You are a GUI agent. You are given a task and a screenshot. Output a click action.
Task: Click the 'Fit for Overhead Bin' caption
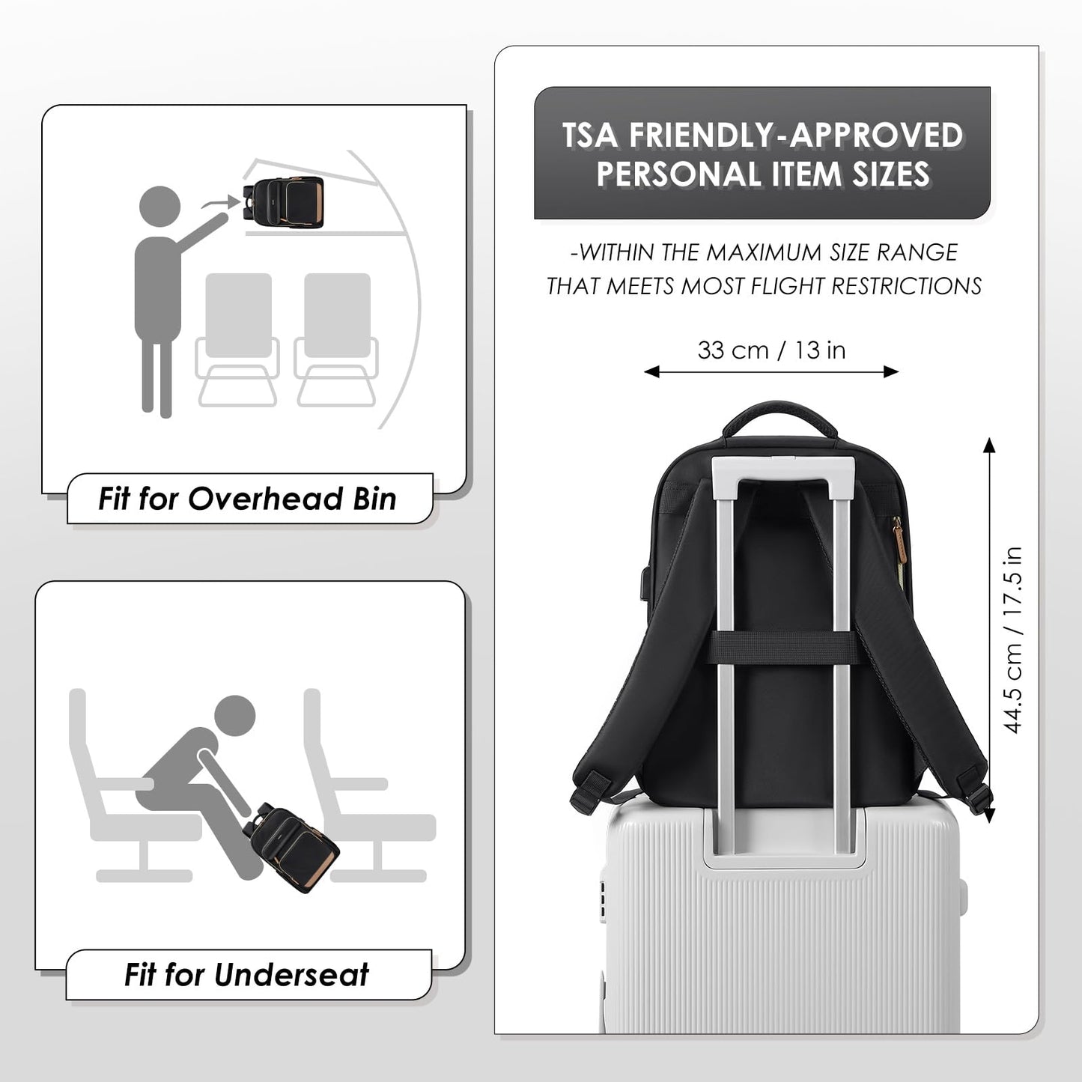[x=247, y=499]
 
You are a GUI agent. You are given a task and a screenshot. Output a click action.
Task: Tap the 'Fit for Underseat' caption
[x=246, y=974]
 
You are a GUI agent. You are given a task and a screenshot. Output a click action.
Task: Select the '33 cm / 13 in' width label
[x=771, y=350]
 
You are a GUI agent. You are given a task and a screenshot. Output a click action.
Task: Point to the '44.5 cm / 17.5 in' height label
[x=1012, y=639]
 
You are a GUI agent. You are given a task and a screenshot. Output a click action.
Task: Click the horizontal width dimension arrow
[x=771, y=371]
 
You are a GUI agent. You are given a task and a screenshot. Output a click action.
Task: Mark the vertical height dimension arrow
[x=989, y=630]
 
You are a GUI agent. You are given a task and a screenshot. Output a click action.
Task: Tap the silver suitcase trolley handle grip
[x=782, y=467]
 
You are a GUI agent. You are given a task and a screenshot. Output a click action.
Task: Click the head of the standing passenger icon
[x=160, y=207]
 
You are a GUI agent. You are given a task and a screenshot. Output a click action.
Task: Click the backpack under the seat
[x=294, y=848]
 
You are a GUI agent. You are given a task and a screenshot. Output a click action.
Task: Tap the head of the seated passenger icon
[x=234, y=717]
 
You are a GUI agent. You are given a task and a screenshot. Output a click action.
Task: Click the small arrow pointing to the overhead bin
[x=221, y=202]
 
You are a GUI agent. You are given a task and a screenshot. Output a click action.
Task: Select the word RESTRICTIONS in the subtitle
[x=907, y=286]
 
